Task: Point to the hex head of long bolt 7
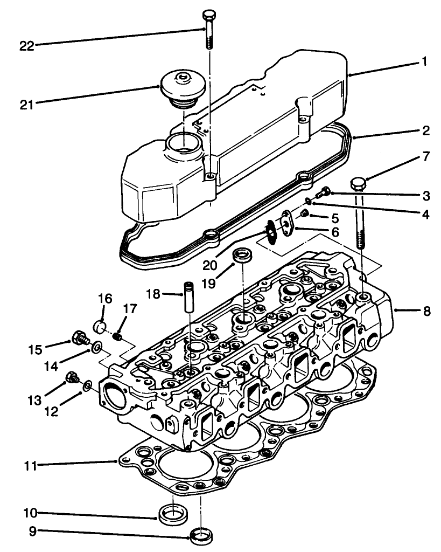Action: tap(358, 184)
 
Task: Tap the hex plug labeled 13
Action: tap(71, 377)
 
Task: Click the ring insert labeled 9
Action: tap(201, 536)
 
